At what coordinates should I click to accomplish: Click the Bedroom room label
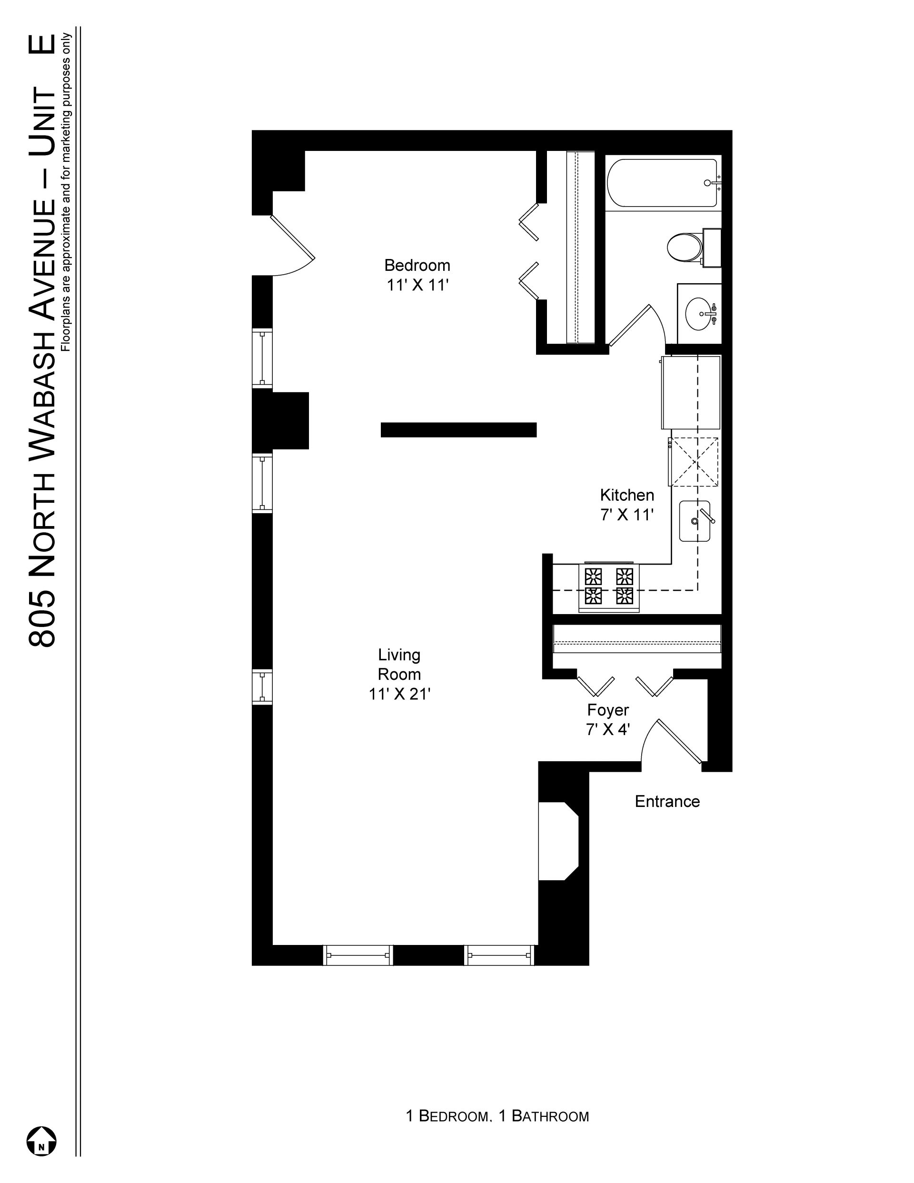click(x=417, y=266)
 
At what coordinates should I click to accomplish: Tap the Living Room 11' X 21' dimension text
click(x=400, y=694)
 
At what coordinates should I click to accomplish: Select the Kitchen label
click(x=627, y=495)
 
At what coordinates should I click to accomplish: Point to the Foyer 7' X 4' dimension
click(x=607, y=730)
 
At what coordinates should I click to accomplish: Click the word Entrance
click(x=667, y=802)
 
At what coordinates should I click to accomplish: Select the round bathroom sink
click(x=701, y=313)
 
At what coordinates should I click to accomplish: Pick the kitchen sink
click(x=695, y=521)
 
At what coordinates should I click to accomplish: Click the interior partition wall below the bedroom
click(x=458, y=429)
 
